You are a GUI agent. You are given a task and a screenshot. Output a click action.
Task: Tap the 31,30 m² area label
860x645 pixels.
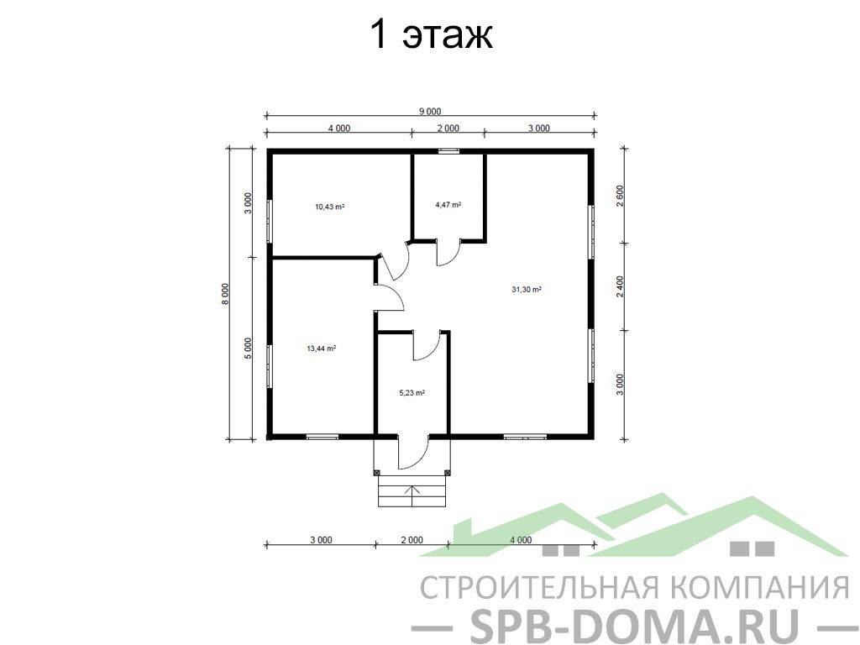527,290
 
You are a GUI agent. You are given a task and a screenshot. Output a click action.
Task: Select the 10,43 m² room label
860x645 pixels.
329,207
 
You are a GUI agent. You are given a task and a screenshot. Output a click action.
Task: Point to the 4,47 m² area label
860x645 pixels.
448,205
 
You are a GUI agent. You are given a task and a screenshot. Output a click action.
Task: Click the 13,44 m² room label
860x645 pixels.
322,348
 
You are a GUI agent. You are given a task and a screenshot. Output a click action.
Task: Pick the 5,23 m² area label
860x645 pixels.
412,393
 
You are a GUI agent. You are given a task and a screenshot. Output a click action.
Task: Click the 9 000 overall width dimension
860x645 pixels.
430,112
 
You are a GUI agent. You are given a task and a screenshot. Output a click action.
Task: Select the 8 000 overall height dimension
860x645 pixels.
225,294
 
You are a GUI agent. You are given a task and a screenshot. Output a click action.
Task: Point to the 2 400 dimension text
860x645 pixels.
621,286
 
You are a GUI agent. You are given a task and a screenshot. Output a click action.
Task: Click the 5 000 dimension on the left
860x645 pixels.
248,349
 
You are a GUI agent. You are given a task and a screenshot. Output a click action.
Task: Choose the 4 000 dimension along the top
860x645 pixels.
339,128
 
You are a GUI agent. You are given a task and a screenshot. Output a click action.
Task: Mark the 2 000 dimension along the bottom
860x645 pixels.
412,540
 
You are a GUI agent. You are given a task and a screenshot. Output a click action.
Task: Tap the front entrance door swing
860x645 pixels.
413,453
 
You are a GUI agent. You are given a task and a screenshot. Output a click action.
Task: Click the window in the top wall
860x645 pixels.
448,151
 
